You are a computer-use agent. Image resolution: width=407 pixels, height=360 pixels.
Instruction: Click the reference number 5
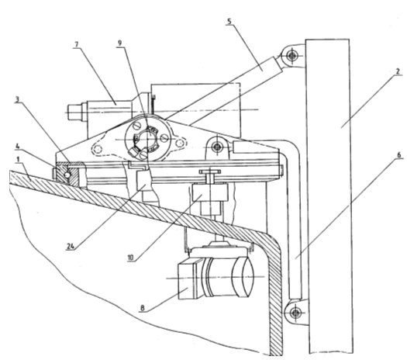click(229, 21)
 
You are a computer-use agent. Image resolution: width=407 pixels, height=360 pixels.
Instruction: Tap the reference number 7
click(76, 45)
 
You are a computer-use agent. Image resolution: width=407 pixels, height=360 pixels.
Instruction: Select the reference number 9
click(119, 43)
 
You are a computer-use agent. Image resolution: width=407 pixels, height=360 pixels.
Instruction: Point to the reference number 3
click(17, 99)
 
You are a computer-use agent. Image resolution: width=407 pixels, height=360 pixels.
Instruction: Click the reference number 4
click(17, 146)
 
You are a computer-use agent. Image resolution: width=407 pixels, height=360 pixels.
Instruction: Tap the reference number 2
click(398, 71)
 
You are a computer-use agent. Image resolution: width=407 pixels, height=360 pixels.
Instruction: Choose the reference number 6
click(399, 155)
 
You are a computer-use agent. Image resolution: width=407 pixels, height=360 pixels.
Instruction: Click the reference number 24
click(71, 246)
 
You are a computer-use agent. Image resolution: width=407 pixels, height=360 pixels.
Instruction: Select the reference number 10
click(130, 258)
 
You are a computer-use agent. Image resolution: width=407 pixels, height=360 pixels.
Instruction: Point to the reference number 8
click(142, 308)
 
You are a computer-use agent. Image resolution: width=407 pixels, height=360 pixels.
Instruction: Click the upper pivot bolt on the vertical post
click(291, 55)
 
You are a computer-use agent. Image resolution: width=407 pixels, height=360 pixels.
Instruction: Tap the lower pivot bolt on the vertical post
click(295, 313)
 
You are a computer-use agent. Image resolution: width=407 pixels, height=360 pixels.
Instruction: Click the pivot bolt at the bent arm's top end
click(217, 147)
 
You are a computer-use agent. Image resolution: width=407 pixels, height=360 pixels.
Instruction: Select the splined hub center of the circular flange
click(147, 139)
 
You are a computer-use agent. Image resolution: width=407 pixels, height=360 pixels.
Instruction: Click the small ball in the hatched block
click(67, 175)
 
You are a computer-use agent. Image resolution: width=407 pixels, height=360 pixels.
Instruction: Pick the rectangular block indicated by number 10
click(210, 192)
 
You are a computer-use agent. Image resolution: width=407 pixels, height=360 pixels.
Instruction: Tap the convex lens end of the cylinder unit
click(243, 277)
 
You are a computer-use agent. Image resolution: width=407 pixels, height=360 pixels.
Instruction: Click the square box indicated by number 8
click(188, 281)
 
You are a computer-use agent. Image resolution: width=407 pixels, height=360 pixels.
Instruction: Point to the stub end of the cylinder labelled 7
click(74, 112)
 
